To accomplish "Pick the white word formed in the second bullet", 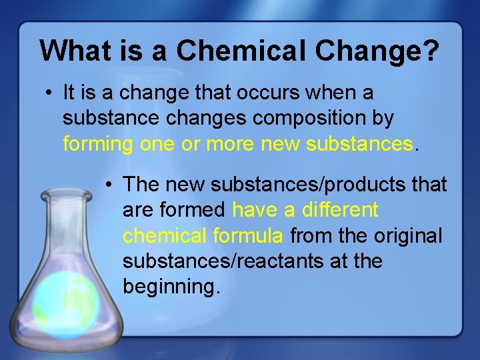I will coord(194,210).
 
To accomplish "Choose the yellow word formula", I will coord(249,235).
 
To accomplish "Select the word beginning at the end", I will coord(171,287).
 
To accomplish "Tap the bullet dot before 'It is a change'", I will coord(49,93).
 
